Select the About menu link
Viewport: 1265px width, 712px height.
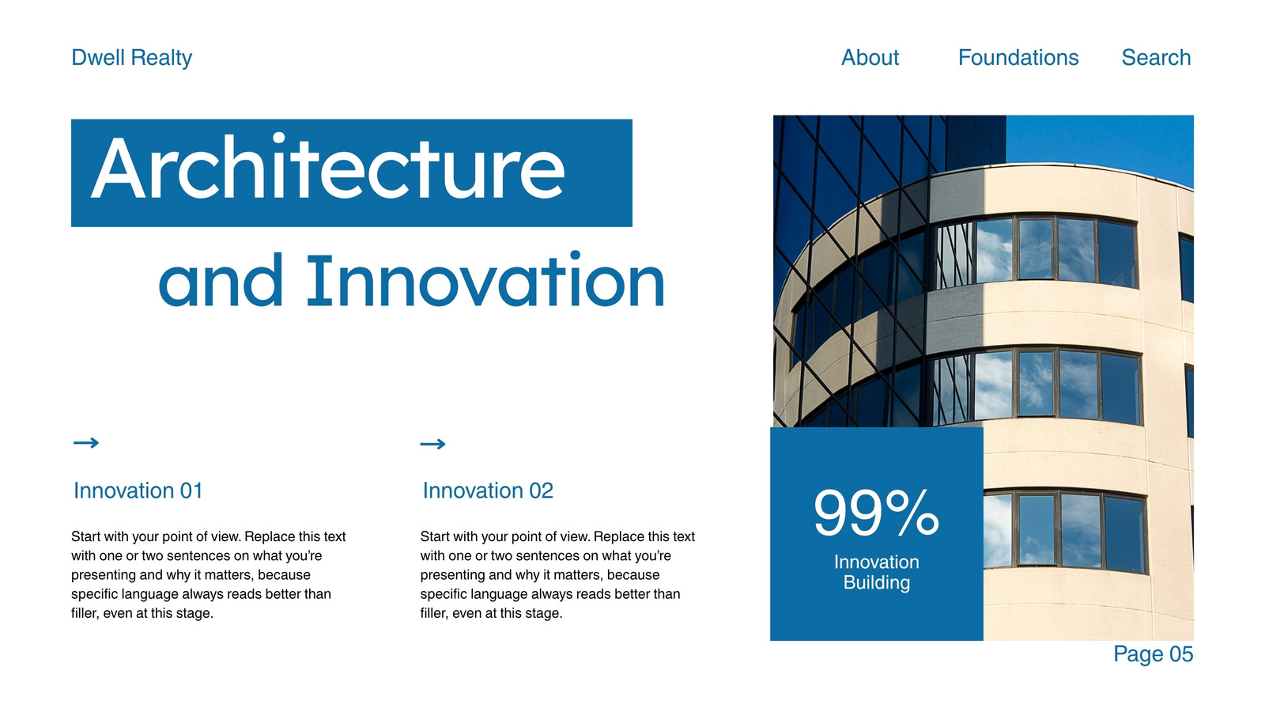[870, 58]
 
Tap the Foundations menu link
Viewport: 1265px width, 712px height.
[1018, 58]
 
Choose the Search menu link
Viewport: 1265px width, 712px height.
[1156, 58]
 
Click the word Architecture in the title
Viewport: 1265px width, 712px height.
[327, 167]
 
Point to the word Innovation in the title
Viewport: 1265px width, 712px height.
[485, 279]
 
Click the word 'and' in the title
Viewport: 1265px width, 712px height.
[221, 280]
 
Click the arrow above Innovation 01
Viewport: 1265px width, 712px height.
[86, 442]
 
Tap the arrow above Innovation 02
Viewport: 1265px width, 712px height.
[433, 444]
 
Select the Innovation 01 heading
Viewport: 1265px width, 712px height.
[138, 490]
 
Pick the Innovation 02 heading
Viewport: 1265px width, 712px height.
[488, 490]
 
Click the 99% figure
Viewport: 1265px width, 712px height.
[876, 513]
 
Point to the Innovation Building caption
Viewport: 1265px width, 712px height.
[877, 572]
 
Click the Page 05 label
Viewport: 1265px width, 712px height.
[1154, 653]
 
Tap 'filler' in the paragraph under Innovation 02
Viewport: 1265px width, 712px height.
[434, 613]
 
